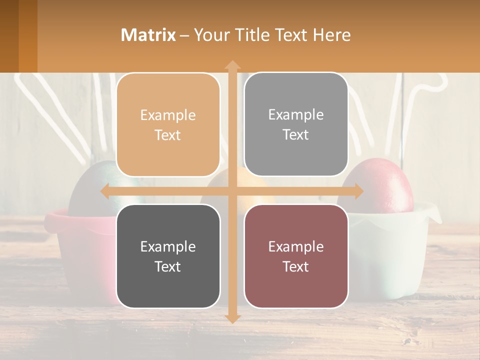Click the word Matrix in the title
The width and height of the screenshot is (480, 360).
148,35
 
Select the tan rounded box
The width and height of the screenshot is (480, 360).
168,124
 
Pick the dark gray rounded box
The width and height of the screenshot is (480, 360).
168,256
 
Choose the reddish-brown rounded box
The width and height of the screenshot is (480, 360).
296,256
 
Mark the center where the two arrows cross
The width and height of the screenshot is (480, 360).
232,191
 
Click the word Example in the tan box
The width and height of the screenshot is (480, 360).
168,115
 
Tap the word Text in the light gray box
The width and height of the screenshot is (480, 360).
296,134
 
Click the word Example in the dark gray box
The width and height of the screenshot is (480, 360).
168,246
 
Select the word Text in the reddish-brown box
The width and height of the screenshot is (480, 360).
296,266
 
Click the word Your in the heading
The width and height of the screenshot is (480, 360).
211,35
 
